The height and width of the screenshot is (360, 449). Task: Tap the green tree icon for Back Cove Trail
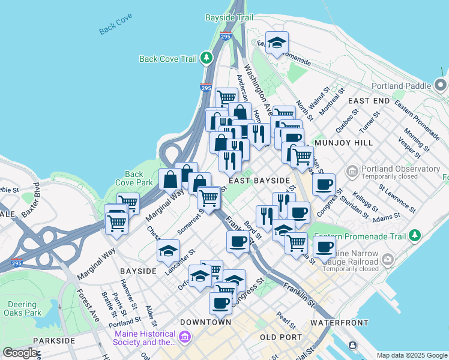click(x=206, y=58)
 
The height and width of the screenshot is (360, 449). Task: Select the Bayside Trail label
click(x=229, y=18)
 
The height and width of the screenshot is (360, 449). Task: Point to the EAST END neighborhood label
click(x=368, y=101)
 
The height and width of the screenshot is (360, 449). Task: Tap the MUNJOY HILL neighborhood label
click(x=348, y=143)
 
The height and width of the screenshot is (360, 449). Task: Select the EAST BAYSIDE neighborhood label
click(x=259, y=180)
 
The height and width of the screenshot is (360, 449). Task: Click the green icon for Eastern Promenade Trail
click(x=414, y=236)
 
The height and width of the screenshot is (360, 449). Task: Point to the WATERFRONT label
click(x=339, y=323)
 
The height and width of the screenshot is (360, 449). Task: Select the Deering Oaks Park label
click(x=22, y=308)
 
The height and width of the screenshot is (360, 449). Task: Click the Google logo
click(x=20, y=353)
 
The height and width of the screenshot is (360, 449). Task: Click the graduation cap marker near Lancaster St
click(x=168, y=250)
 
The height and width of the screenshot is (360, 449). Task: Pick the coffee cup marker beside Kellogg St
click(x=324, y=184)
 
